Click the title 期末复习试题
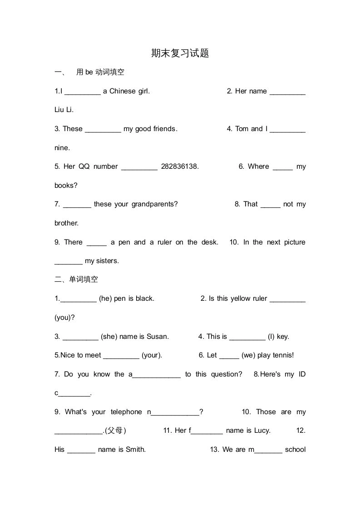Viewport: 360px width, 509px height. tap(180, 53)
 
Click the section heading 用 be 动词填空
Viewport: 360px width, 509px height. tap(100, 72)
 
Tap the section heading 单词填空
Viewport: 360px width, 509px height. tap(83, 279)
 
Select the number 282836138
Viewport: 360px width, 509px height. tap(180, 166)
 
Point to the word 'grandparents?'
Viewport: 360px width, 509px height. tap(154, 204)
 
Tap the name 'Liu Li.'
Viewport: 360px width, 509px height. tap(64, 110)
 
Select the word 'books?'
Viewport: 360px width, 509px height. tap(66, 186)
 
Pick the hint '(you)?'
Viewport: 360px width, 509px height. tap(64, 318)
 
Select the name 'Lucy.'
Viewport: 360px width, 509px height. tap(262, 431)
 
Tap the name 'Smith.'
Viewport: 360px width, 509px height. tap(135, 450)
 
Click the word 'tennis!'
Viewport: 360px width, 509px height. tap(282, 355)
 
